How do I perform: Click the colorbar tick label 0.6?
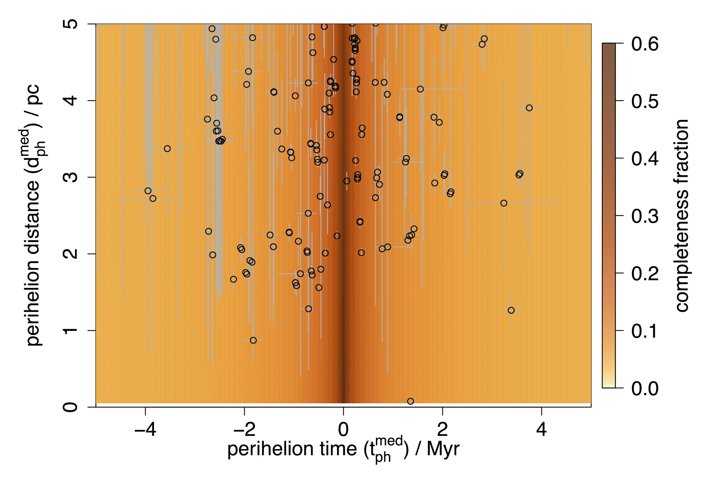point(645,44)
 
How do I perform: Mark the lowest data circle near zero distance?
point(411,401)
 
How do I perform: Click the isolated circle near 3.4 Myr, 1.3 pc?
point(511,310)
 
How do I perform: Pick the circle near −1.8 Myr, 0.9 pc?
point(253,340)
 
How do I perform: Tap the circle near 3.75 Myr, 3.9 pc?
point(529,108)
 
